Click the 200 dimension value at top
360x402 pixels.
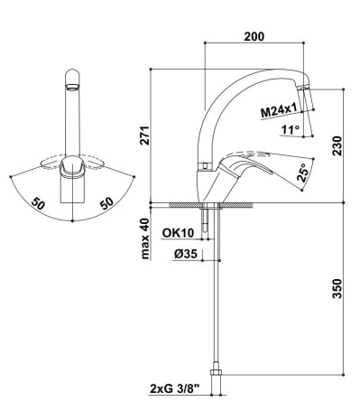pyautogui.click(x=254, y=36)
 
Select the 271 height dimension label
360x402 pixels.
pyautogui.click(x=145, y=136)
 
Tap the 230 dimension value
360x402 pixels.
pyautogui.click(x=337, y=145)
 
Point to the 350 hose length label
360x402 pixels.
pyautogui.click(x=337, y=289)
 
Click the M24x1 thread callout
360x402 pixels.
pyautogui.click(x=279, y=111)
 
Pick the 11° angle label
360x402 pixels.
pyautogui.click(x=291, y=130)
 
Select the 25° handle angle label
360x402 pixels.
pyautogui.click(x=303, y=173)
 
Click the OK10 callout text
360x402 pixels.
pyautogui.click(x=178, y=232)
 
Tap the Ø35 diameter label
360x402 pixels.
pyautogui.click(x=186, y=255)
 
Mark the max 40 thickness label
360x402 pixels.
pyautogui.click(x=145, y=238)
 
